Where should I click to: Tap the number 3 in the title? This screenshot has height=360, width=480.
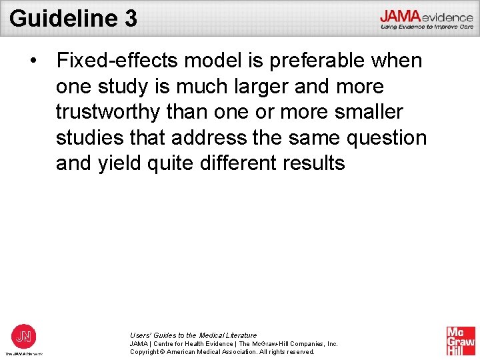[x=131, y=18]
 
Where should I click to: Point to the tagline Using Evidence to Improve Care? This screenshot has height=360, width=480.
[x=427, y=27]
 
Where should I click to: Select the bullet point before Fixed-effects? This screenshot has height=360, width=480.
[x=33, y=61]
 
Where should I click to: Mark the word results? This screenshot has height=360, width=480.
[x=313, y=163]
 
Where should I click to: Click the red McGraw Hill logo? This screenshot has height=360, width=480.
[x=461, y=341]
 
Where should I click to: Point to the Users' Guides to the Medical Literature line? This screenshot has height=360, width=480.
[x=193, y=335]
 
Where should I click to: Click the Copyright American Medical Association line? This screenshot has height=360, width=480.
[x=222, y=351]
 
